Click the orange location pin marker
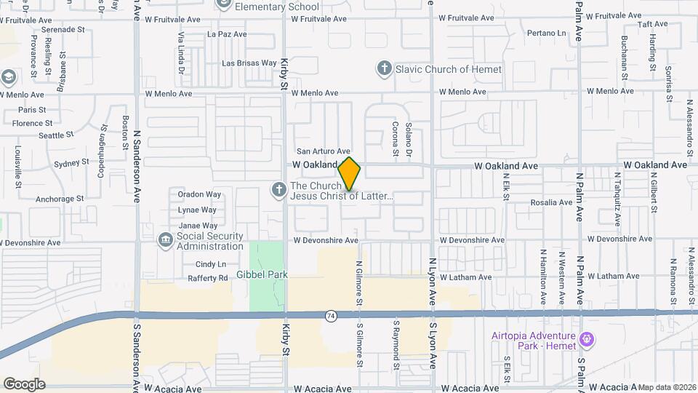tap(350, 174)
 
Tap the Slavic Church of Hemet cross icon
tap(385, 69)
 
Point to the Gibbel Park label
tap(262, 275)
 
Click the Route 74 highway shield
tap(331, 315)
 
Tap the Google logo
tap(24, 384)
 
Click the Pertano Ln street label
tap(546, 33)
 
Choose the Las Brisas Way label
tap(249, 63)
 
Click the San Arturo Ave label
tap(323, 151)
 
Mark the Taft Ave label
tap(632, 24)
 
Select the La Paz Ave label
tap(227, 34)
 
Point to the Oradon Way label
tap(199, 194)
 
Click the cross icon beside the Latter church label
tap(277, 191)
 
